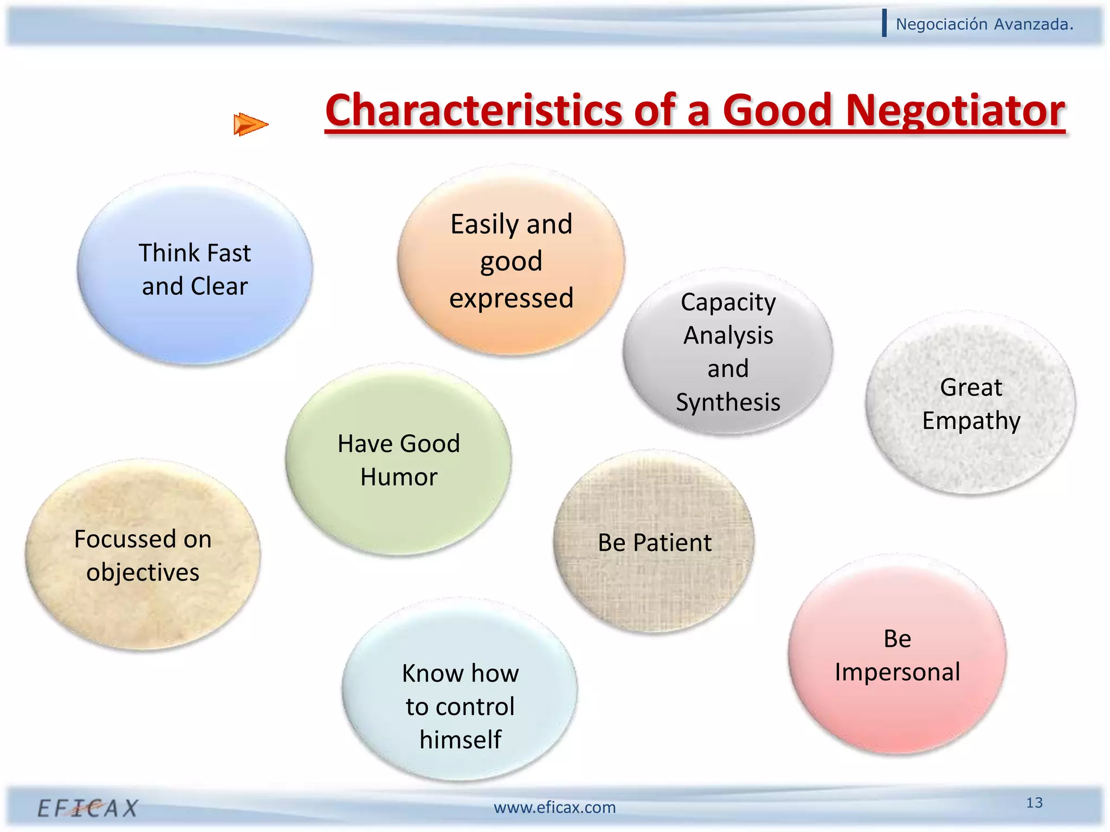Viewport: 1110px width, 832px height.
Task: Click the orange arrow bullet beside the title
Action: coord(250,125)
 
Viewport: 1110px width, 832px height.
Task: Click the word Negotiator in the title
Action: coord(955,110)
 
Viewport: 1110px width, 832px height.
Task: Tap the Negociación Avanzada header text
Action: coord(984,24)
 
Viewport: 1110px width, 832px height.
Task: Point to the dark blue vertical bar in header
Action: coord(885,23)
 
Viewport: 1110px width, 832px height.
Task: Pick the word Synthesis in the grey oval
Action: coord(728,402)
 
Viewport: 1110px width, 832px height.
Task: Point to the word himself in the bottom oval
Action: coord(460,740)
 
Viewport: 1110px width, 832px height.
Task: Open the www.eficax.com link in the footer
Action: coord(554,808)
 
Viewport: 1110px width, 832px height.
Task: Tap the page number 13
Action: coord(1034,803)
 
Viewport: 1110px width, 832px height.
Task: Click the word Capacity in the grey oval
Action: coord(728,302)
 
